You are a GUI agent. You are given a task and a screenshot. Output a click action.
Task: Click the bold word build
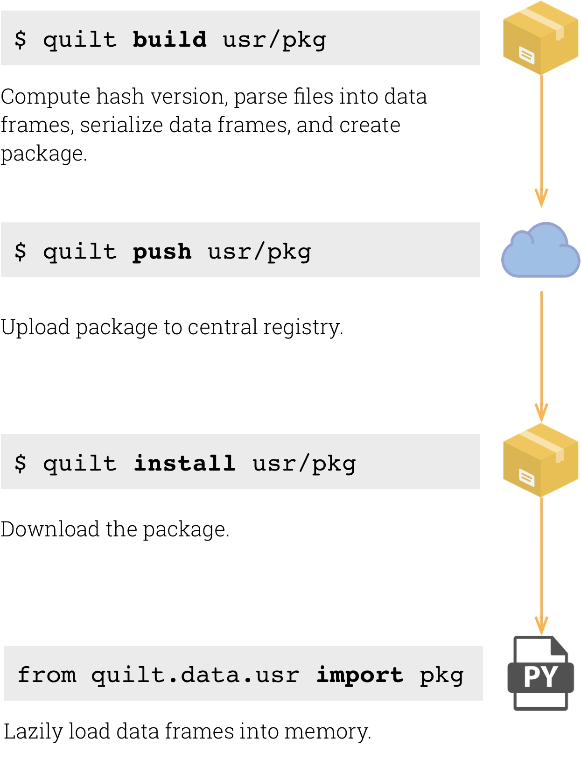(x=169, y=39)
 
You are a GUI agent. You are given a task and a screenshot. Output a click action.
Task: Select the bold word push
(x=161, y=252)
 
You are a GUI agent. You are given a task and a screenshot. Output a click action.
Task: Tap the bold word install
(x=185, y=463)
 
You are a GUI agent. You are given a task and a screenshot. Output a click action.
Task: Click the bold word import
(x=359, y=675)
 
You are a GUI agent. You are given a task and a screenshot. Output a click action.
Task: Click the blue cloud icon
(x=540, y=251)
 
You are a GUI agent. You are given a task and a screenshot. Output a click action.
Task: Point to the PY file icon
(x=540, y=673)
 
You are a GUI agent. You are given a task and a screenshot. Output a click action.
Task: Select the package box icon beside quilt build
(x=540, y=38)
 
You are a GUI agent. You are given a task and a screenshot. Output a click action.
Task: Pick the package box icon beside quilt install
(x=540, y=461)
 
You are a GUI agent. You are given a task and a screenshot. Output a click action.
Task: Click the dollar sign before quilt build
(x=21, y=39)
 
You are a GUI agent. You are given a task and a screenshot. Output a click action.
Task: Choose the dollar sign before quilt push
(x=21, y=251)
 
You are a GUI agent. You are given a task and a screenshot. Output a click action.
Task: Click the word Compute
(x=46, y=97)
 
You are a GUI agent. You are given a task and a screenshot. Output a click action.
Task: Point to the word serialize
(x=122, y=125)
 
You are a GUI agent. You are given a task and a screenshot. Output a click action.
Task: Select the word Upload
(x=35, y=327)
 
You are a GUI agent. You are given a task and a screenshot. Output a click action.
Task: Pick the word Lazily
(x=33, y=732)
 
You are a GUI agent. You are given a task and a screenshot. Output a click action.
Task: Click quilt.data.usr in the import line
(x=195, y=675)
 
